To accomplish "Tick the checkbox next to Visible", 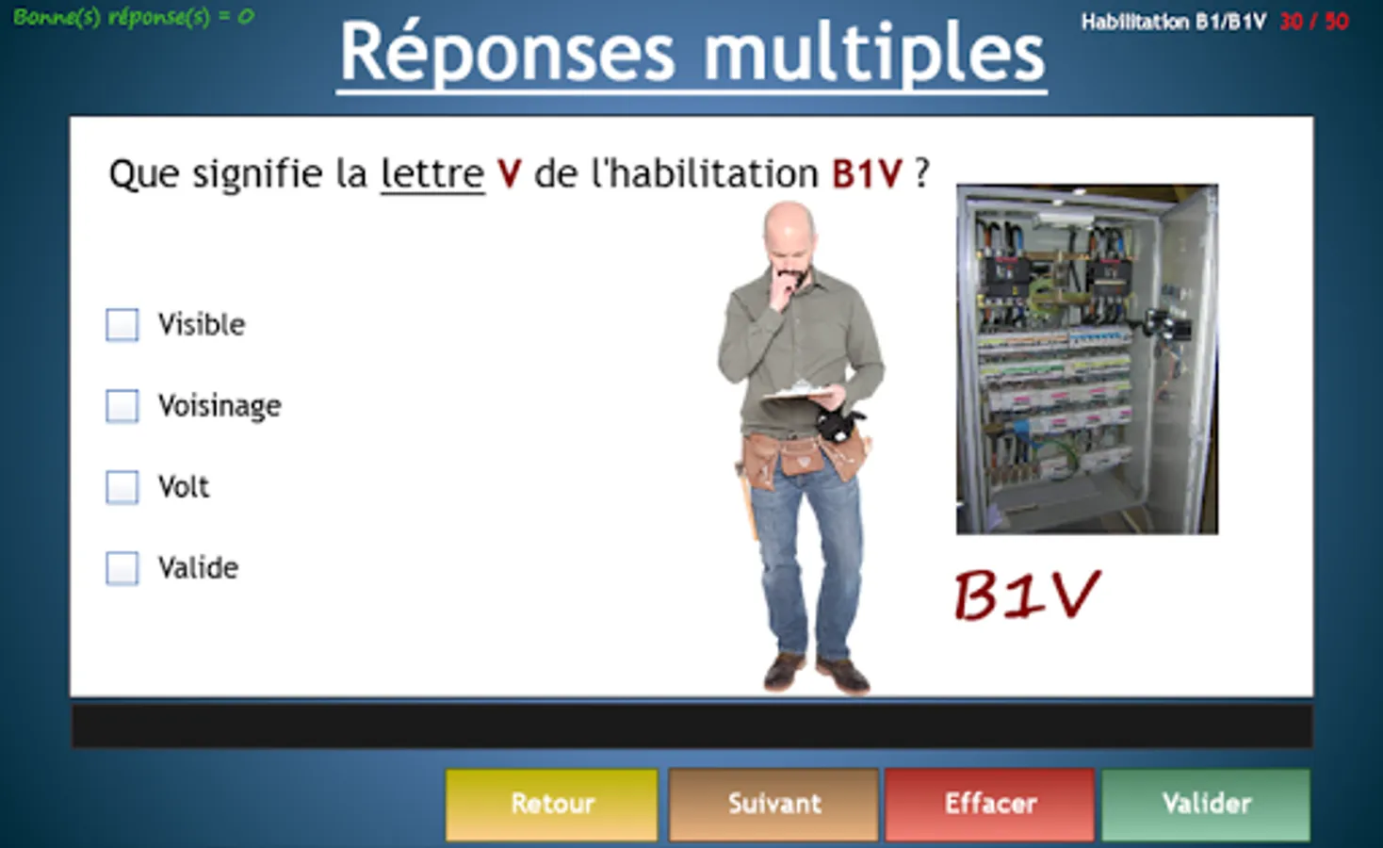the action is point(122,324).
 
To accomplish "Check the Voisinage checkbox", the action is point(122,406).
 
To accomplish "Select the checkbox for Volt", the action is point(122,487).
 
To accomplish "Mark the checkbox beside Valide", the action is point(122,567).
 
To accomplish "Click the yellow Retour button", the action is point(551,804).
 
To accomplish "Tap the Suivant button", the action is point(773,804).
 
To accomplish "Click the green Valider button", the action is point(1206,804).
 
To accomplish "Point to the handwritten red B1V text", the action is point(1027,595).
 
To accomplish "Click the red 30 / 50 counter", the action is point(1314,22).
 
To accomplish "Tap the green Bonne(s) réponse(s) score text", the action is point(134,17).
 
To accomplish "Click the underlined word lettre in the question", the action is point(432,173).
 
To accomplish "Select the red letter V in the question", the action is point(510,173).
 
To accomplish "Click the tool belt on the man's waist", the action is point(803,457).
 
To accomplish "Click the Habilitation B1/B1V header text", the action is point(1174,22).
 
